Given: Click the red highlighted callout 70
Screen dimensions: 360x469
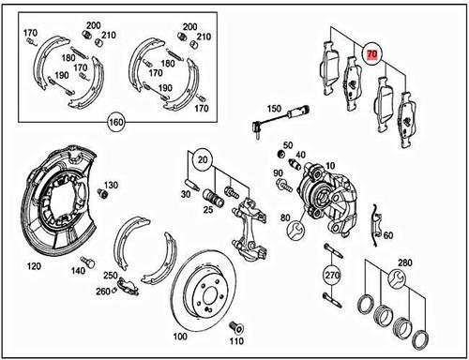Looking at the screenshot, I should click(372, 55).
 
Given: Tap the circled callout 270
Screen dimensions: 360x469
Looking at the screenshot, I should click(331, 276).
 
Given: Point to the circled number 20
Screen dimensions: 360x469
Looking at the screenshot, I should click(202, 157).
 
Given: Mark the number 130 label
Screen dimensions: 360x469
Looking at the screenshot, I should click(112, 185).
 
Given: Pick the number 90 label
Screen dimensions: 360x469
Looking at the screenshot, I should click(279, 174).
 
